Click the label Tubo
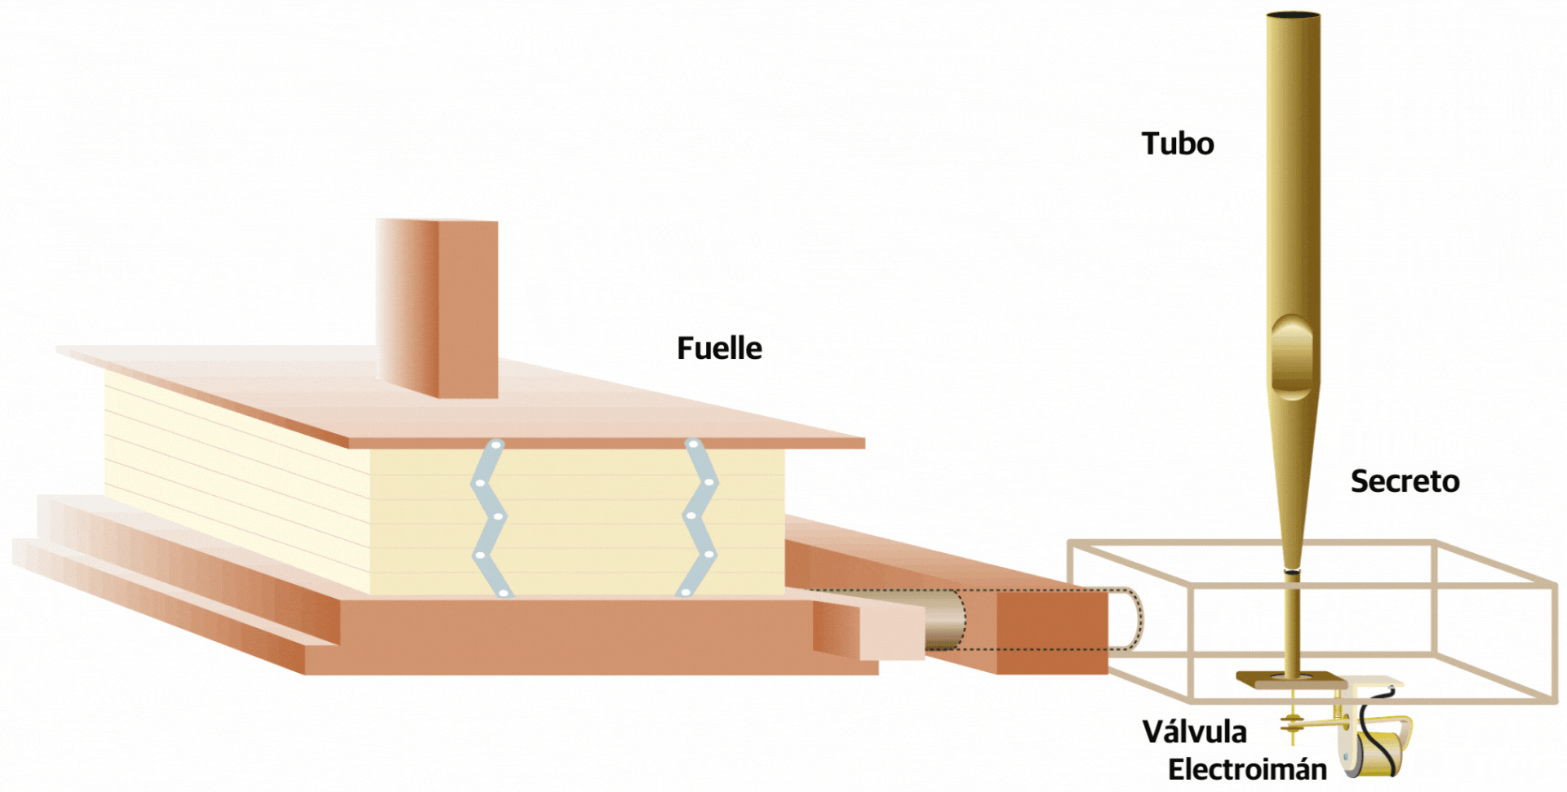tap(1177, 144)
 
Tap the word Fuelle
tap(719, 348)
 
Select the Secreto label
tap(1405, 481)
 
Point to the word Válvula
tap(1194, 732)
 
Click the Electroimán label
tap(1247, 769)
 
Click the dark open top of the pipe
tap(1294, 15)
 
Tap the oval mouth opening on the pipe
tap(1292, 356)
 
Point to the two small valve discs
tap(1292, 722)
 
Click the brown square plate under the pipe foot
tap(1290, 679)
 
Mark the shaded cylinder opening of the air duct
tap(947, 620)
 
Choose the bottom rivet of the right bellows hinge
tap(686, 591)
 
